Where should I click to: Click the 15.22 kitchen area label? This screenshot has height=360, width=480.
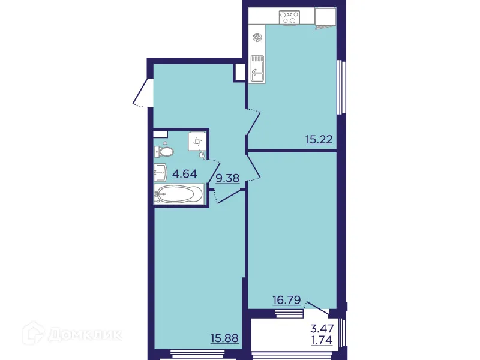coord(319,141)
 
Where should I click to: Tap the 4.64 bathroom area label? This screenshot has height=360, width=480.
coord(185,175)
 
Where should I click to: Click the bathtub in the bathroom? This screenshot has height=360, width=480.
coord(179,194)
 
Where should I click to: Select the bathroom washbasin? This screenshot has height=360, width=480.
coord(161,173)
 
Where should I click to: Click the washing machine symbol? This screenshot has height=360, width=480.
coord(197,142)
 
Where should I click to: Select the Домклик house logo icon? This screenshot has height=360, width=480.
coord(47,334)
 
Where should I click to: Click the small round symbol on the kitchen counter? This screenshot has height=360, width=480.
coord(257,37)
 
